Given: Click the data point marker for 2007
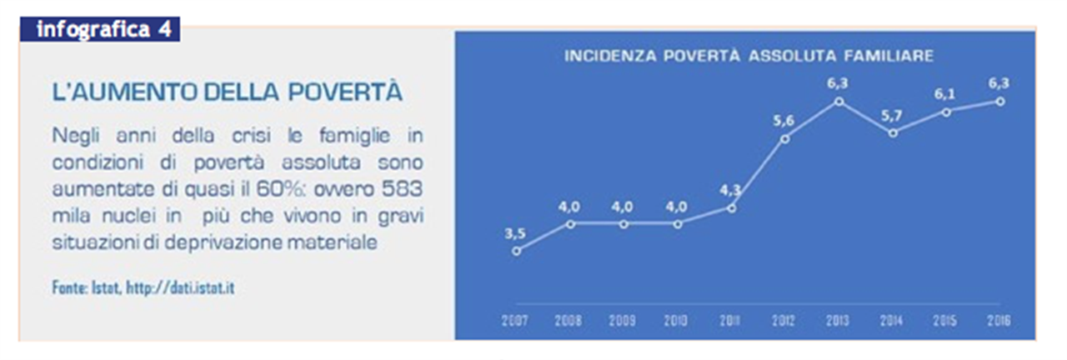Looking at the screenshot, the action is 516,251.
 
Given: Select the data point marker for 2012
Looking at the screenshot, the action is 785,139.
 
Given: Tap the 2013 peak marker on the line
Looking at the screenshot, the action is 839,102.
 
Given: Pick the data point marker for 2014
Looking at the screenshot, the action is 893,133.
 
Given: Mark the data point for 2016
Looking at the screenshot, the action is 1000,102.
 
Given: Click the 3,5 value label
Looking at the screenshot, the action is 515,233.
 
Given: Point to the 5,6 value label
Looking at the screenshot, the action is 784,121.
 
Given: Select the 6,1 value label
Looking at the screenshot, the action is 944,94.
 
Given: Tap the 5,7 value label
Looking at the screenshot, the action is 891,116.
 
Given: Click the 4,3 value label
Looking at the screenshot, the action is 730,191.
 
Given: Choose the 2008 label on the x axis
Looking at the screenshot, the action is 569,321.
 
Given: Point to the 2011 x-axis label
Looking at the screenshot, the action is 729,321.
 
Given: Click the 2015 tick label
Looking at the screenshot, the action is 945,321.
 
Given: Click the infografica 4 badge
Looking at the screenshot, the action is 100,29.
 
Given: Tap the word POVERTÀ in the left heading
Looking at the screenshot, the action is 345,92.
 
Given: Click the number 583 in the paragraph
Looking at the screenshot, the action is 402,189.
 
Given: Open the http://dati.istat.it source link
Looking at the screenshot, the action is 180,287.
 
